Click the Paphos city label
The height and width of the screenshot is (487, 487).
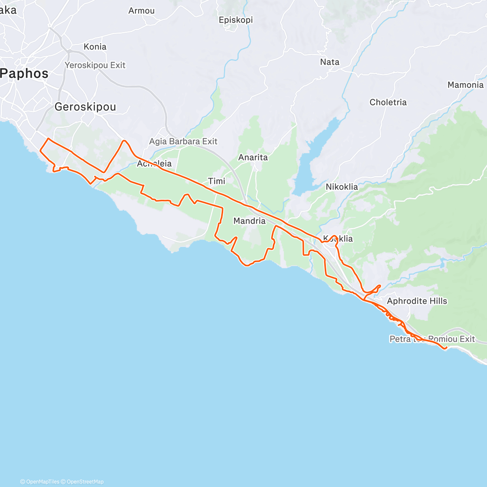(24, 73)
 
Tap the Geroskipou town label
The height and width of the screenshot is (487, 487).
(85, 107)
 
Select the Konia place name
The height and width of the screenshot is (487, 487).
(95, 47)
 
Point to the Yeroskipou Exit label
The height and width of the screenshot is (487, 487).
(95, 65)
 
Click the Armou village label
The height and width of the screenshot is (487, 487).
(141, 11)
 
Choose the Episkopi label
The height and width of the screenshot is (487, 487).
(236, 20)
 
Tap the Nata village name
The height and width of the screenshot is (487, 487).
(330, 62)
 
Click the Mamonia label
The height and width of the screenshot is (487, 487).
(465, 85)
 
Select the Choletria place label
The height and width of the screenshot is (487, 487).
(388, 102)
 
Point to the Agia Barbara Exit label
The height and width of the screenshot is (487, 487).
(183, 141)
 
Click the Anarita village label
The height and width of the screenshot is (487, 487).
(253, 157)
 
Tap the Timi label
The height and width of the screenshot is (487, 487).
(216, 181)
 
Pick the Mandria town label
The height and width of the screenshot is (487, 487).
(250, 221)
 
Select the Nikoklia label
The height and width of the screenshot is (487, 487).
(342, 187)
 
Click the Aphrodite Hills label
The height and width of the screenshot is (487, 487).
(417, 301)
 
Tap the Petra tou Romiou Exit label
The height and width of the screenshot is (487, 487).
(432, 339)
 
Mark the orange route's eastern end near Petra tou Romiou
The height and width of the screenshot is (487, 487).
(445, 348)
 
